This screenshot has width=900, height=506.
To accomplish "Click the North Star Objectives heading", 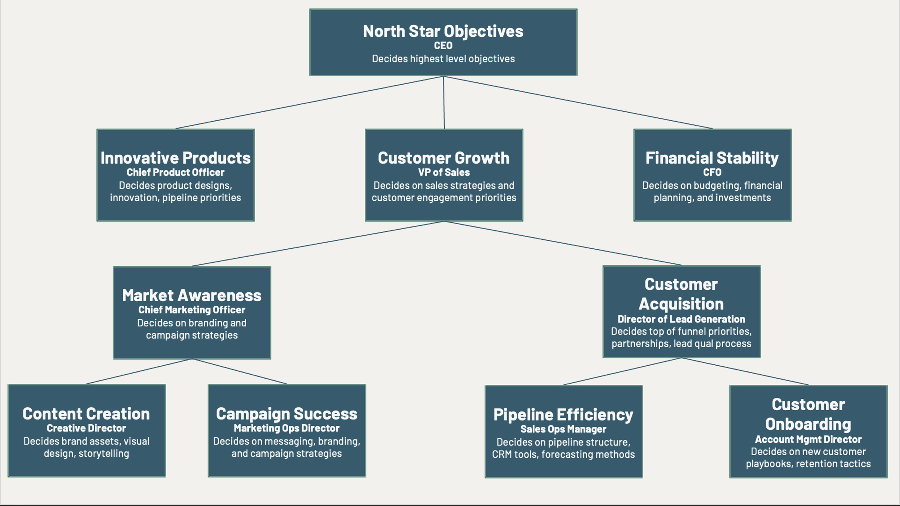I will pyautogui.click(x=443, y=31).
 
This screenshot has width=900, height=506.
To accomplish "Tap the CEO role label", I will pyautogui.click(x=443, y=46).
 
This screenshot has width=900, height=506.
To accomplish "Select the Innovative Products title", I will pyautogui.click(x=175, y=158).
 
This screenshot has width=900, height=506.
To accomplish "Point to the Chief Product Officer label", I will pyautogui.click(x=175, y=172).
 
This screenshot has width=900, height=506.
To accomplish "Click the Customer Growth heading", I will pyautogui.click(x=444, y=158).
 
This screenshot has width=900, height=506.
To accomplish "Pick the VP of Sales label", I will pyautogui.click(x=444, y=172).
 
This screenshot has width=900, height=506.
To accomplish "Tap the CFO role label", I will pyautogui.click(x=712, y=172).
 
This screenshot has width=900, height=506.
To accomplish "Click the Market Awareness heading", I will pyautogui.click(x=192, y=295).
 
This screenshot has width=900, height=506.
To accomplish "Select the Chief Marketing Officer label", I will pyautogui.click(x=192, y=310).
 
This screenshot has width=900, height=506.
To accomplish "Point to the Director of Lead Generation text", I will pyautogui.click(x=681, y=319).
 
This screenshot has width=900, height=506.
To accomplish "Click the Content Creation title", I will pyautogui.click(x=86, y=414).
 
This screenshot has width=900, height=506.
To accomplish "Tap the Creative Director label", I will pyautogui.click(x=86, y=428).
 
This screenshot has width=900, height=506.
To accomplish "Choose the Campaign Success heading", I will pyautogui.click(x=287, y=414).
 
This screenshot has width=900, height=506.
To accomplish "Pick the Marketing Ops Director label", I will pyautogui.click(x=287, y=428).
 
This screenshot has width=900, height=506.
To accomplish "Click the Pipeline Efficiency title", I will pyautogui.click(x=563, y=415).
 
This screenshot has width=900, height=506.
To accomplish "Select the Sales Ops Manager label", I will pyautogui.click(x=563, y=429).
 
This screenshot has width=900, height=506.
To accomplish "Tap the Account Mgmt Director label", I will pyautogui.click(x=808, y=439).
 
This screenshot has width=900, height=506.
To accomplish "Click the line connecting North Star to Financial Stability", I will pyautogui.click(x=578, y=102).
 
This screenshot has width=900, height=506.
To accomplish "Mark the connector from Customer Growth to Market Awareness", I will pyautogui.click(x=318, y=244).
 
